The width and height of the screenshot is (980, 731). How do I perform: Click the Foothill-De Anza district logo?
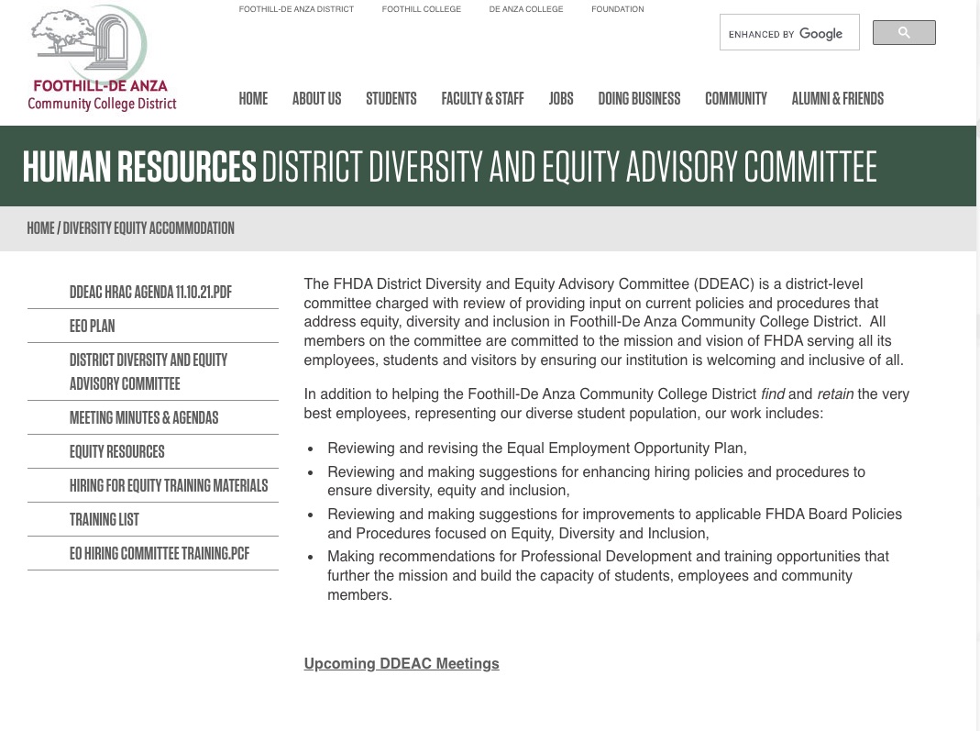click(102, 60)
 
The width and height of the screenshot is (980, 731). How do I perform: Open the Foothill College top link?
click(422, 9)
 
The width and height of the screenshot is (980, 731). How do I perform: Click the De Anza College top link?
click(526, 9)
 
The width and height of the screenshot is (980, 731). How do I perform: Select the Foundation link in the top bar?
click(618, 9)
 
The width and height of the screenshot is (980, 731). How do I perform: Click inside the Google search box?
click(788, 34)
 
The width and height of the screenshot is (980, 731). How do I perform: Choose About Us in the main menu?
click(316, 99)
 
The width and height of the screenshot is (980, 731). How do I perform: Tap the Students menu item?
click(391, 99)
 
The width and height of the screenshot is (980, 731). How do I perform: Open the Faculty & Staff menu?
click(482, 99)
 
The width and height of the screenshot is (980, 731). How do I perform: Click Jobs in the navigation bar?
click(561, 99)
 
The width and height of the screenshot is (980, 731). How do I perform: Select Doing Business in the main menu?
click(639, 99)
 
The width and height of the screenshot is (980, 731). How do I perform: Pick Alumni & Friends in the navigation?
click(837, 99)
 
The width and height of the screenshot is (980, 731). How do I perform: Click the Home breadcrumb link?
click(40, 228)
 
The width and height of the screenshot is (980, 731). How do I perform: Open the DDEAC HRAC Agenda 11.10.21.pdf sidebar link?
click(150, 293)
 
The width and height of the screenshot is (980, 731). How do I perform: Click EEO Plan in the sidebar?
click(93, 327)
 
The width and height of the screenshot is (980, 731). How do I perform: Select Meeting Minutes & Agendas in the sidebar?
click(144, 418)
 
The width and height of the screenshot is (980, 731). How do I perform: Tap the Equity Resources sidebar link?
click(117, 452)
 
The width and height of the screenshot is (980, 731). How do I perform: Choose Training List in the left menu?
click(105, 520)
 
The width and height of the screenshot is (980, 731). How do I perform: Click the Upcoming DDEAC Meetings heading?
click(402, 664)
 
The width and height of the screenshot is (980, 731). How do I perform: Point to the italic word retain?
click(835, 394)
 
